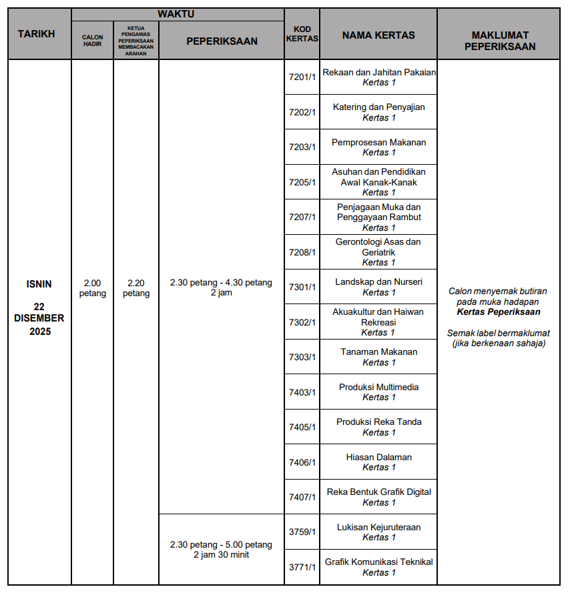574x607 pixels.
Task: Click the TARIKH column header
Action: tap(36, 34)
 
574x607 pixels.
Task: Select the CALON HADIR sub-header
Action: tap(93, 41)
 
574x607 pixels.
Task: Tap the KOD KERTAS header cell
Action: tap(302, 34)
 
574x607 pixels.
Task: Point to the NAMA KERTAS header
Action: tap(378, 35)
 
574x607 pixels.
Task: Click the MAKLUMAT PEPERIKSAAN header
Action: tap(499, 41)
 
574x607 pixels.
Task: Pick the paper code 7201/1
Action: tap(302, 77)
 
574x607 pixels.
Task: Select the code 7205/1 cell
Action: tap(302, 182)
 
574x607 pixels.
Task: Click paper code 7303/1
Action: tap(302, 357)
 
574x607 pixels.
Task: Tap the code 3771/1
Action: tap(302, 567)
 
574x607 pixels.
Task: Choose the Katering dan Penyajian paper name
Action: tap(378, 107)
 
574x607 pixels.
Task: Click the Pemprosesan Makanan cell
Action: tap(378, 142)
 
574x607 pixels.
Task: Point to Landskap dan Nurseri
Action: tap(378, 281)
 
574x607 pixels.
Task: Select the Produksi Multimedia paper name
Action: tap(378, 387)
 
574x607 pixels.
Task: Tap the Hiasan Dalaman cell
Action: tap(378, 457)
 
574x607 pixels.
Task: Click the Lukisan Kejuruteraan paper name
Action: tap(378, 527)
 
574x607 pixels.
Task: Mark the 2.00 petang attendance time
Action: tap(93, 288)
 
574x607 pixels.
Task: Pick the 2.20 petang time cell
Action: tap(136, 288)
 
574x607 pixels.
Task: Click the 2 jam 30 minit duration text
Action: tap(221, 554)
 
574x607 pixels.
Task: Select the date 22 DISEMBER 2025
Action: tap(39, 318)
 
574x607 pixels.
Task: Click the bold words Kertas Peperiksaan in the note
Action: tap(499, 312)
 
